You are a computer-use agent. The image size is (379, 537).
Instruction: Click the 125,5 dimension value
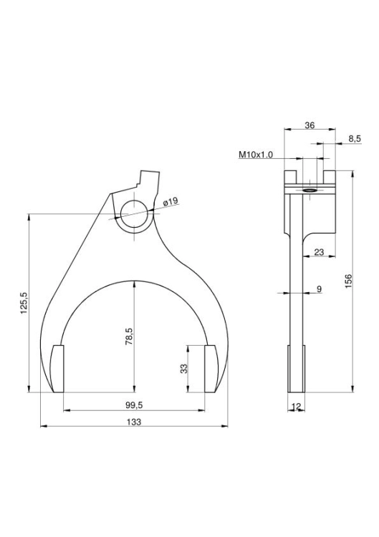pos(24,304)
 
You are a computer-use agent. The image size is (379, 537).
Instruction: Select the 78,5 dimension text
pos(129,336)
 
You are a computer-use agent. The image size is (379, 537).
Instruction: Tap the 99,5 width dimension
pos(134,405)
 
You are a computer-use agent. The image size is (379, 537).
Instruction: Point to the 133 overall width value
pos(134,422)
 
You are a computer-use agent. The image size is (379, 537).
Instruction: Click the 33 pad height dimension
pos(184,369)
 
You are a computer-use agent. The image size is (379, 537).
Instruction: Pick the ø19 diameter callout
pos(171,201)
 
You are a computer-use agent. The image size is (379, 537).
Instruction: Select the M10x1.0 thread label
pos(256,155)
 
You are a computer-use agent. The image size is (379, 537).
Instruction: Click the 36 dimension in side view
pos(310,125)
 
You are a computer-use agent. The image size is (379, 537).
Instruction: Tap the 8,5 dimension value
pos(355,139)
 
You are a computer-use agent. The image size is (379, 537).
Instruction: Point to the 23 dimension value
pos(319,252)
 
